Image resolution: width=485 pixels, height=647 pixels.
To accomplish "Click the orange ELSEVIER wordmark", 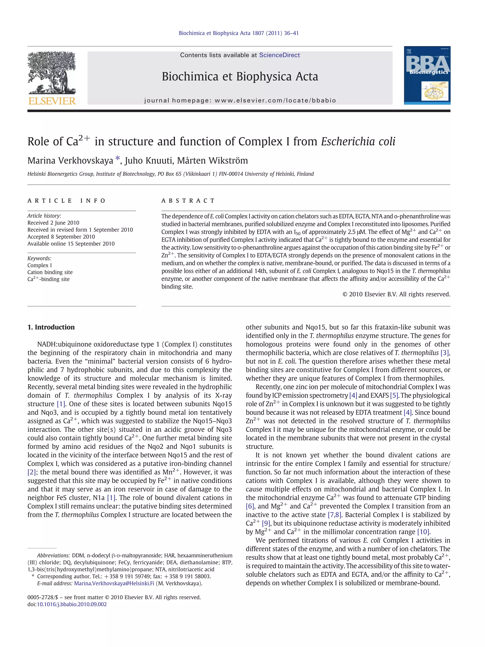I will (x=52, y=101).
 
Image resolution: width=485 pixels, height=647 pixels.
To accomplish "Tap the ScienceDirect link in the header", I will (x=279, y=55).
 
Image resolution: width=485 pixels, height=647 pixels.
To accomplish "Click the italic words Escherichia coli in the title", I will (x=358, y=142).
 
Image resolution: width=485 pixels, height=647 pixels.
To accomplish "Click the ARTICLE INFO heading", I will (x=66, y=201).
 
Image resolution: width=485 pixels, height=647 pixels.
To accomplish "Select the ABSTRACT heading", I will (x=188, y=201).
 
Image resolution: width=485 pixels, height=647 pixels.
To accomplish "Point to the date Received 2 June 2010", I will (x=53, y=223).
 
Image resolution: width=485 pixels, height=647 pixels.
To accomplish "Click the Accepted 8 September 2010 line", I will (x=61, y=237).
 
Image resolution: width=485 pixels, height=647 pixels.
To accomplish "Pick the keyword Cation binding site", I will (x=50, y=272).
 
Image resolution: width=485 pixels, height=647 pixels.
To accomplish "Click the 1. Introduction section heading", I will (x=51, y=327).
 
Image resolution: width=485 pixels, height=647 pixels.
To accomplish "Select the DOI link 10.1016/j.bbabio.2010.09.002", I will (x=72, y=604).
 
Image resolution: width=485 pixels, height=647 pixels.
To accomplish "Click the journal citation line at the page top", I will (x=238, y=33).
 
